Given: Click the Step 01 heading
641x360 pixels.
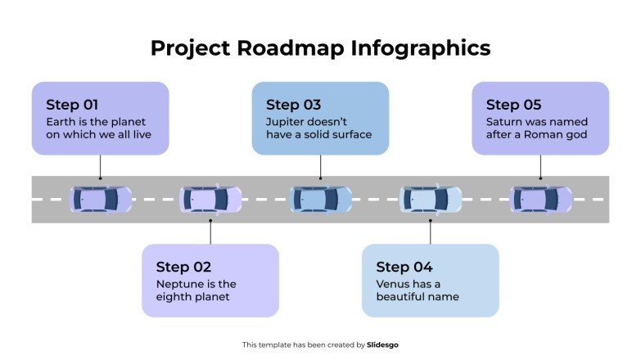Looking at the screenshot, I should (72, 105).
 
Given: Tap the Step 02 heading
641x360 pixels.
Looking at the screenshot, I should (183, 267).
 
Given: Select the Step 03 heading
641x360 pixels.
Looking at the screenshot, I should (293, 105).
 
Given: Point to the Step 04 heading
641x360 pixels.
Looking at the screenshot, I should (404, 267).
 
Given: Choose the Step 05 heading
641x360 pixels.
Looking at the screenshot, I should (513, 105).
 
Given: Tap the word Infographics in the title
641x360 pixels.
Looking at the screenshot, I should (421, 48).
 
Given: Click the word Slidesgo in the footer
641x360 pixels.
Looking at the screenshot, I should (383, 345).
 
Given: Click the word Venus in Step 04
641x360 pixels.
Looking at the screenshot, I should (395, 284).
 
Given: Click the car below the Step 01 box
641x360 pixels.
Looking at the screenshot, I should (101, 199).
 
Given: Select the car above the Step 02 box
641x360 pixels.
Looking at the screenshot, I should (210, 199).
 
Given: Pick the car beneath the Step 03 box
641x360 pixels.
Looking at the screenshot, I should (321, 199).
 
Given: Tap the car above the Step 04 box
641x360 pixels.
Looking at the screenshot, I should (431, 199).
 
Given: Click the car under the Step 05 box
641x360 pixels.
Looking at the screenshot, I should (541, 199).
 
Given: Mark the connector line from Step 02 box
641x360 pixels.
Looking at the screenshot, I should (210, 232).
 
